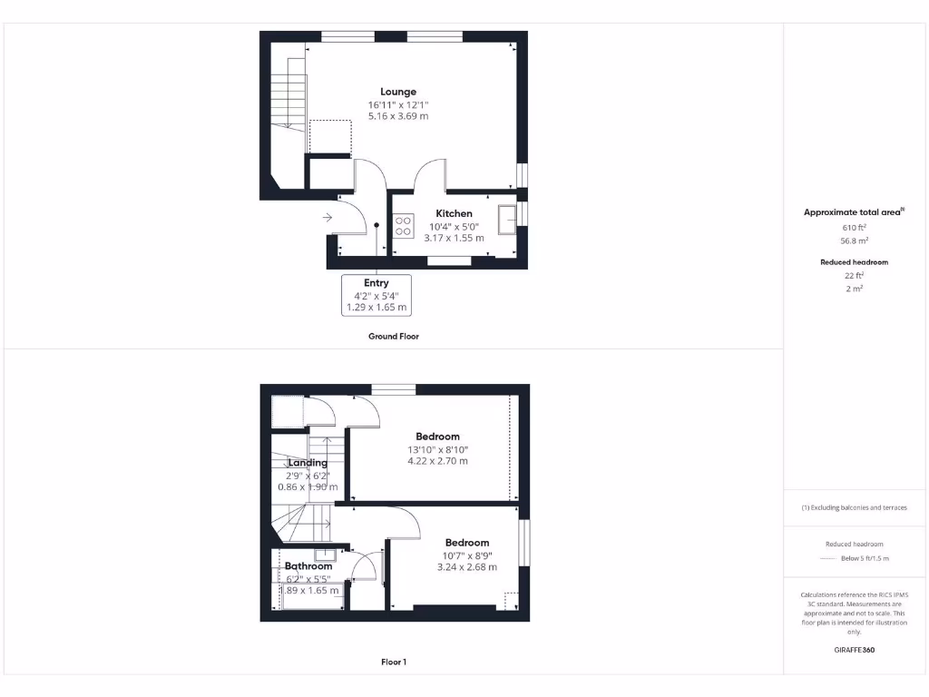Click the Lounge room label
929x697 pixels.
pos(398,92)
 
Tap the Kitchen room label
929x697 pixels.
pos(454,213)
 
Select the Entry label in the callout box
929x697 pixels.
pos(376,283)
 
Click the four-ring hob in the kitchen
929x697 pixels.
pos(404,225)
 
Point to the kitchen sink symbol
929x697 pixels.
pos(506,215)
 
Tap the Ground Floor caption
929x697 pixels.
pos(394,336)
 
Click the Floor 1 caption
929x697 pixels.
pos(394,663)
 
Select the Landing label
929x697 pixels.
pos(308,463)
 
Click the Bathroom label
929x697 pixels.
pos(308,566)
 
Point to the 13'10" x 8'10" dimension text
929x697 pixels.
pos(437,449)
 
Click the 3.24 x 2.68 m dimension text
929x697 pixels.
pos(466,567)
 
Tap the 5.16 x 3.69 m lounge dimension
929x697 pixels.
pos(398,116)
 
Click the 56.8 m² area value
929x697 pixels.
pos(854,241)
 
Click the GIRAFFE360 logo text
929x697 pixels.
pos(854,650)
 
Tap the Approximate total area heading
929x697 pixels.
pos(853,212)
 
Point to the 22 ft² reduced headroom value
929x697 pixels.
pos(854,275)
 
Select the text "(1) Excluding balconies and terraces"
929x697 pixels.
pos(854,507)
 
